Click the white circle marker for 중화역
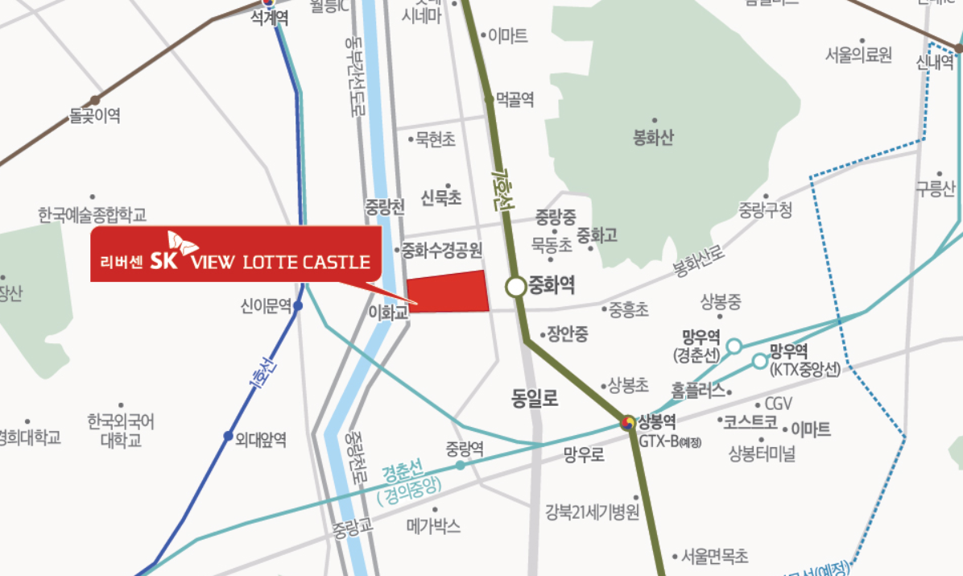click(x=515, y=286)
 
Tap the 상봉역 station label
click(x=656, y=420)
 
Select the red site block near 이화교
click(x=448, y=292)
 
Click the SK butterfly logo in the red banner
click(x=181, y=245)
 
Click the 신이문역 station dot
click(x=298, y=306)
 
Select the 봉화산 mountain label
click(x=653, y=138)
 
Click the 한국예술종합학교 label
click(x=92, y=215)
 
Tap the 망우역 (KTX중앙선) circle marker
click(x=760, y=361)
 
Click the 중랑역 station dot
click(x=460, y=465)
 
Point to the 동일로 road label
click(x=535, y=398)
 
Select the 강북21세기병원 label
click(x=592, y=512)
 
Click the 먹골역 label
click(x=515, y=99)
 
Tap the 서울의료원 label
click(x=858, y=55)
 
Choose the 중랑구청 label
click(x=765, y=211)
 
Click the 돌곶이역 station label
click(x=95, y=117)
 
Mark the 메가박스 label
click(x=433, y=526)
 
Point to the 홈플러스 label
click(x=697, y=393)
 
